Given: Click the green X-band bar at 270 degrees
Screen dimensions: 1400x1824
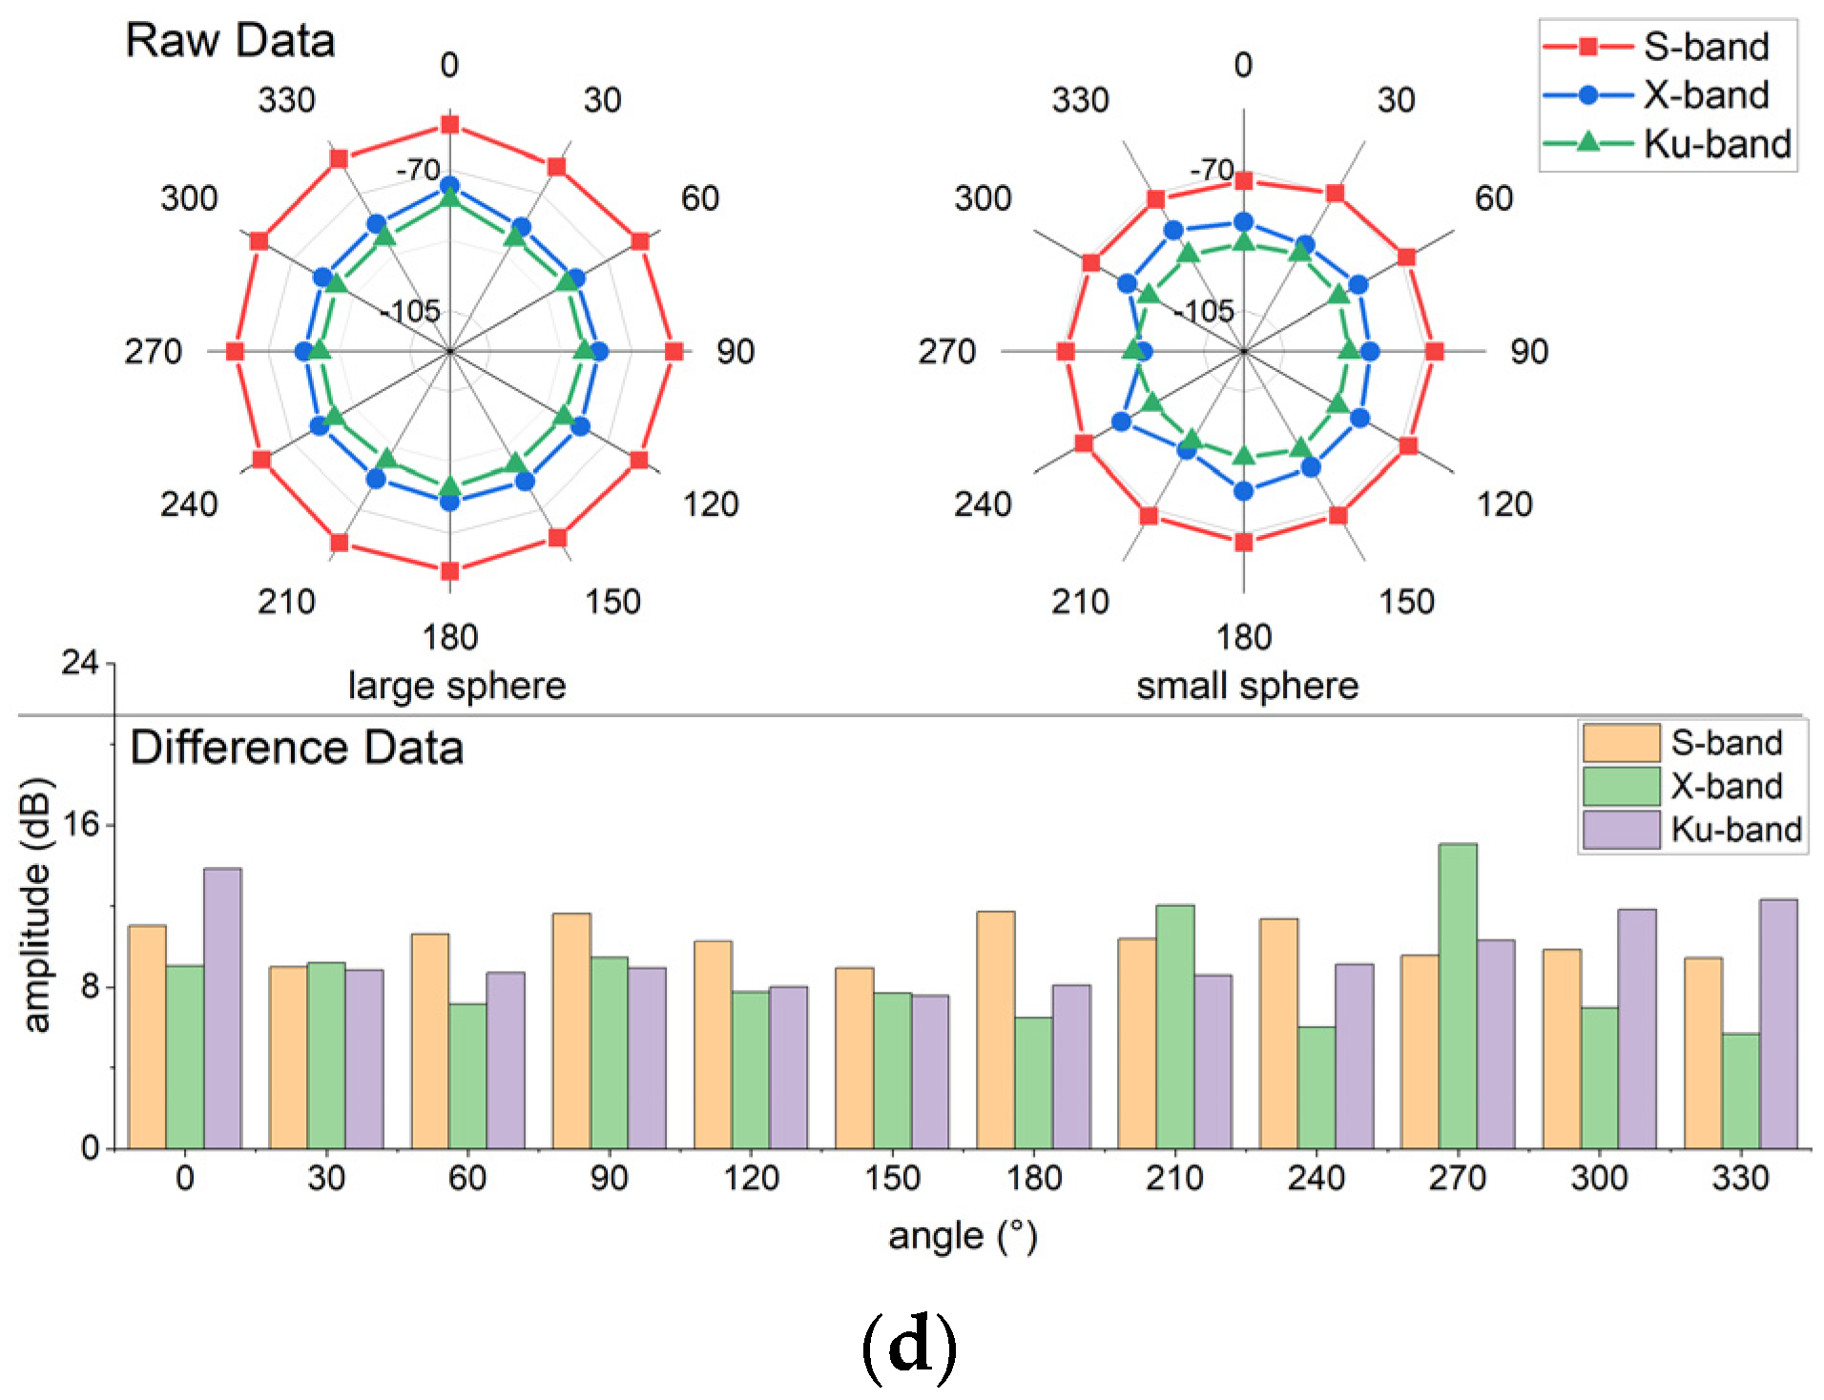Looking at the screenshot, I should coord(1457,996).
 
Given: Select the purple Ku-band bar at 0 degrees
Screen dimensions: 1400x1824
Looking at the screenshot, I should coord(222,1008).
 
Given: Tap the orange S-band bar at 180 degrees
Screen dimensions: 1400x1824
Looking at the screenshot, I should coord(995,1030).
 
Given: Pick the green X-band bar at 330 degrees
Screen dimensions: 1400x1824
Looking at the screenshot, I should coord(1740,1091).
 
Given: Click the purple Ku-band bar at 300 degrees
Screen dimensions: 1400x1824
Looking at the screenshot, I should coord(1636,1029).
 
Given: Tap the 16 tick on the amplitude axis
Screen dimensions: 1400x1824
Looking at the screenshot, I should coord(81,824).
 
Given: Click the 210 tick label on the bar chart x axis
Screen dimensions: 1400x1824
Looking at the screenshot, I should coord(1173,1179).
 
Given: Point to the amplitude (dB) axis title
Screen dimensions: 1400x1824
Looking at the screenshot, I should coord(36,905).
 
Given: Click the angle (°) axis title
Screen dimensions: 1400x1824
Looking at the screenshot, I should coord(962,1237).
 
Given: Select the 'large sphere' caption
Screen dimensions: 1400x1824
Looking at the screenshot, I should coord(456,686).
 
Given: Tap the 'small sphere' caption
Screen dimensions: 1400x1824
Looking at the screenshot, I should coord(1247,686).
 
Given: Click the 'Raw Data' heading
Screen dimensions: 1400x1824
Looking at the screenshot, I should coord(230,41).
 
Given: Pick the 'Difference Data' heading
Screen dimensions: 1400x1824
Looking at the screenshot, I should coord(297,748).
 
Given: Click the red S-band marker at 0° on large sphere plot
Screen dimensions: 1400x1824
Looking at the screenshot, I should coord(449,125).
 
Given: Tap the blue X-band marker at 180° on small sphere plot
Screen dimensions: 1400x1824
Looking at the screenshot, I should coord(1243,491).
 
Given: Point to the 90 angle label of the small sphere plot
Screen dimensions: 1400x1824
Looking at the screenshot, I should coord(1528,352).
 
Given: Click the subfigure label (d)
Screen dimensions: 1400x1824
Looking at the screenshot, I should coord(908,1346).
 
